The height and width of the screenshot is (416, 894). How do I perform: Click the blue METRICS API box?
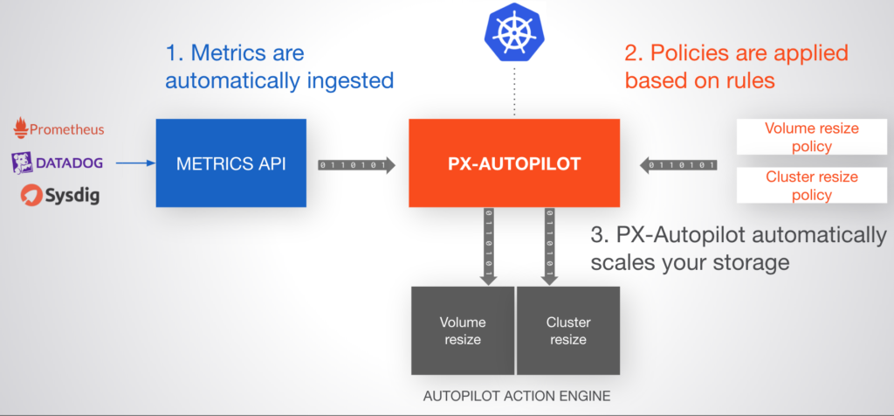(231, 163)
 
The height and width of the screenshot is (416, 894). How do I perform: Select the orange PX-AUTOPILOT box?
(514, 163)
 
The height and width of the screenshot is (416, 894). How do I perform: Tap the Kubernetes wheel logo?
(514, 32)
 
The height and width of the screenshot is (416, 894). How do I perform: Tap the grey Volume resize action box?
(463, 330)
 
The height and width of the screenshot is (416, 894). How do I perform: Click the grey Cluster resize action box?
(568, 330)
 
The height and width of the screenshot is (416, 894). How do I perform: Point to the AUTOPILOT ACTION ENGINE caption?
(516, 396)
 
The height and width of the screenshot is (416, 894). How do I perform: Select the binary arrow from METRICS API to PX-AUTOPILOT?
(356, 164)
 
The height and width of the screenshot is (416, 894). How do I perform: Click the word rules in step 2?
(750, 82)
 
